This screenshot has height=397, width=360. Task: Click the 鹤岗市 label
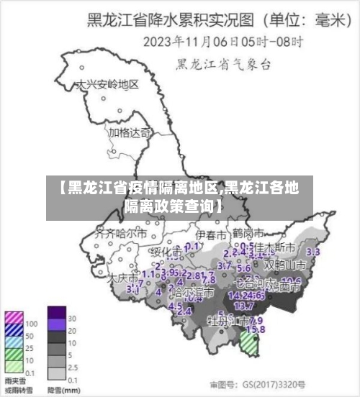248,234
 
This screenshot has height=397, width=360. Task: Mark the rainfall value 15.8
254,329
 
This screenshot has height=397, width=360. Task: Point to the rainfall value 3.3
313,252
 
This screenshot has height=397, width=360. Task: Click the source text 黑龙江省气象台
223,65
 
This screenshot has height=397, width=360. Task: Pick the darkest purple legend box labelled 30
56,312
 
